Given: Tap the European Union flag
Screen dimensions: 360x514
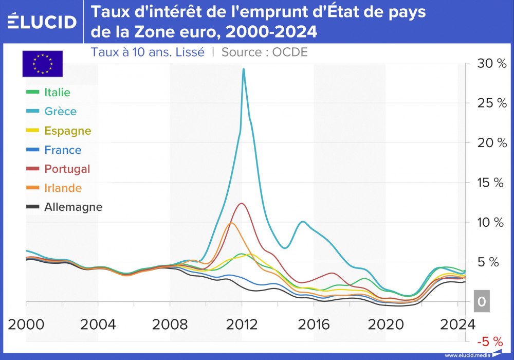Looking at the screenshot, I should [42, 63].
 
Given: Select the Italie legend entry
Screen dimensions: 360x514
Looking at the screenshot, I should [57, 93].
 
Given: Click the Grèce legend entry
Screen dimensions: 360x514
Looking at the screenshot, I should [60, 112].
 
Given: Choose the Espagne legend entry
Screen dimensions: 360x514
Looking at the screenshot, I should [67, 131].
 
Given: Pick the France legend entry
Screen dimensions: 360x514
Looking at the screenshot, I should [63, 150].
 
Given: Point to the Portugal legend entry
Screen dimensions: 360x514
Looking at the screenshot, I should [67, 169].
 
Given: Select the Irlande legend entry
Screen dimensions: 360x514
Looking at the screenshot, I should [63, 188].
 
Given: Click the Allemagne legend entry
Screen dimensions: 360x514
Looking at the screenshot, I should [73, 207].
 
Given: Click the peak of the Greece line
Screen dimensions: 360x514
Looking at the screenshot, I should [243, 69].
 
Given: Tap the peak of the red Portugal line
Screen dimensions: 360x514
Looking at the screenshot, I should [241, 204].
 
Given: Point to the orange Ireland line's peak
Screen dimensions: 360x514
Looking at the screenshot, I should [231, 223].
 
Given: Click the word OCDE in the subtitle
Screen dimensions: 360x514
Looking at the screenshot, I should [290, 52].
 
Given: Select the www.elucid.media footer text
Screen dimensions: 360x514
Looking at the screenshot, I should [467, 355].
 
